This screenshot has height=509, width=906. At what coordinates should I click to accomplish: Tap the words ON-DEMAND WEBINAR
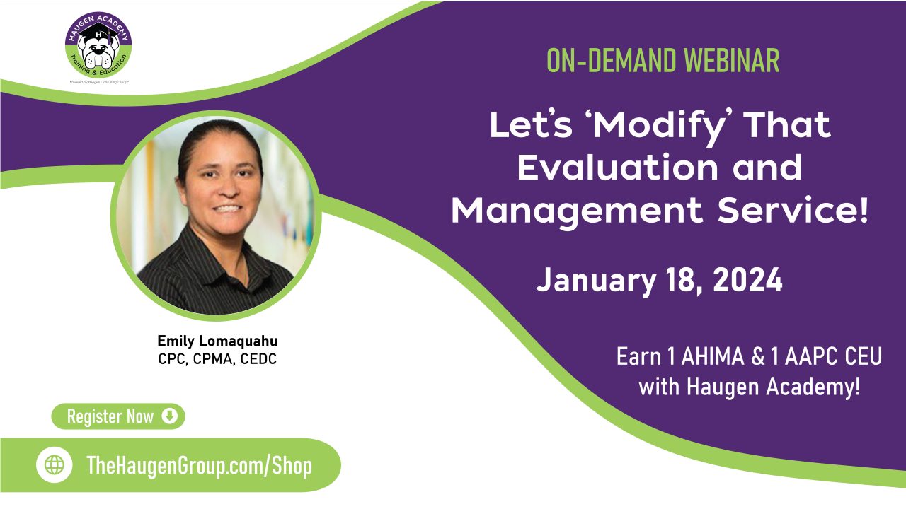tap(663, 62)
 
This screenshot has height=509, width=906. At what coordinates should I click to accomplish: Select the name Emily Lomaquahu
tap(217, 341)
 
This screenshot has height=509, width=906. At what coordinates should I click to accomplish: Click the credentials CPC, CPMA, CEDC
tap(217, 359)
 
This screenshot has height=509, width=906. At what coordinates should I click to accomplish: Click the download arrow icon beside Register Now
tap(169, 416)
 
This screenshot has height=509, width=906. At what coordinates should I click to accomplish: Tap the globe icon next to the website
tap(55, 465)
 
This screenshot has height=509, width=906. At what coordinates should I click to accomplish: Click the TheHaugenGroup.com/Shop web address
tap(199, 465)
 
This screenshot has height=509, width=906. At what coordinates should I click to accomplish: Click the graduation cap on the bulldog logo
tap(98, 31)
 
